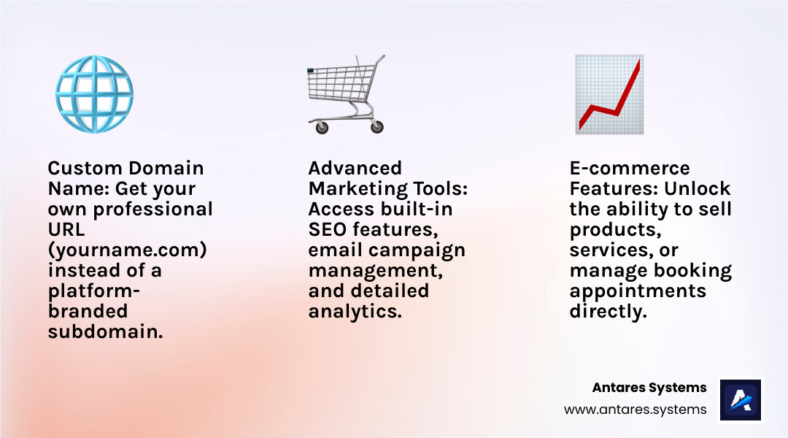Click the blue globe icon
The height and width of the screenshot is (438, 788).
[94, 94]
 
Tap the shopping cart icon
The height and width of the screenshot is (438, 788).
[346, 94]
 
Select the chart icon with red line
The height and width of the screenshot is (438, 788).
[609, 94]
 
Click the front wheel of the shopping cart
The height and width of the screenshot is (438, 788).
[322, 127]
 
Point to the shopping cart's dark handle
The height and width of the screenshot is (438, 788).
[311, 71]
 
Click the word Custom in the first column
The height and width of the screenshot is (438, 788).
[85, 168]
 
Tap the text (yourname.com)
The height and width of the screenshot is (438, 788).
[127, 250]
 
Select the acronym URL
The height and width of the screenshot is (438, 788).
[66, 229]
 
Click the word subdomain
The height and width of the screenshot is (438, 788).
[106, 332]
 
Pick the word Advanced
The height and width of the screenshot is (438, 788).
[355, 168]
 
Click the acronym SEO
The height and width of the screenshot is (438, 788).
[328, 229]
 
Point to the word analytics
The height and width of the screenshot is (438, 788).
[355, 312]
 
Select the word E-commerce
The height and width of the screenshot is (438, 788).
[630, 168]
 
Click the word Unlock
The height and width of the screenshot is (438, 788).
[697, 188]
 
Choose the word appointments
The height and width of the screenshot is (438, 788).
[638, 291]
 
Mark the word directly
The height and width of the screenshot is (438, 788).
[608, 312]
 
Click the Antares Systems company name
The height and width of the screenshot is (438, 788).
[649, 388]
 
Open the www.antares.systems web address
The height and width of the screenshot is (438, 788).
[636, 410]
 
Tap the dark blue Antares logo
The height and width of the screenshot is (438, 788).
[741, 400]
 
